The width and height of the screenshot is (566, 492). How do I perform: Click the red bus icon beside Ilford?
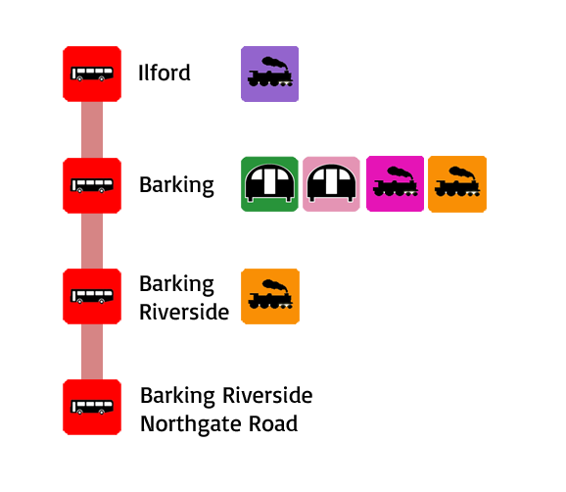coord(92,74)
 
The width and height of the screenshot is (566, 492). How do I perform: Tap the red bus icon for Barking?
coord(92,185)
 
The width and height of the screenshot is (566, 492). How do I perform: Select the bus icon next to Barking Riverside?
coord(92,296)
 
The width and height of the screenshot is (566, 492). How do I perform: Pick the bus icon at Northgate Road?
coord(92,407)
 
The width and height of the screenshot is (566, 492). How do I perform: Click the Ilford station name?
coord(165,73)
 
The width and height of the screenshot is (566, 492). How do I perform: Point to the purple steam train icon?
coord(269,74)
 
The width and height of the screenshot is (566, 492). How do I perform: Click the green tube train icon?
coord(269,184)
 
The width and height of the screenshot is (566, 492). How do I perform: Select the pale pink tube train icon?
coord(331,184)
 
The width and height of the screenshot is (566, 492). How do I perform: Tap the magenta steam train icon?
coord(395,183)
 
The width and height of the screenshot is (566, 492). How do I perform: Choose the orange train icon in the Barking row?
coord(457,184)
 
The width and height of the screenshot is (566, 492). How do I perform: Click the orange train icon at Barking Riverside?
coord(270,296)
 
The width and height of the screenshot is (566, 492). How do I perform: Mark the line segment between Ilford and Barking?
coord(92,129)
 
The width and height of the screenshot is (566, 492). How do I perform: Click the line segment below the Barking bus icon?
coord(92,241)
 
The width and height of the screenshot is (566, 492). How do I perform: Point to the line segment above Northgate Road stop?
coord(92,352)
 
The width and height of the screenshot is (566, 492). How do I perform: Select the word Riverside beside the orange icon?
coord(184,312)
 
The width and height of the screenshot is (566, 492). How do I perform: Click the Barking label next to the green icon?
coord(176,185)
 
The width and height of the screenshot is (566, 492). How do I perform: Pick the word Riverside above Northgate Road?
coord(267,395)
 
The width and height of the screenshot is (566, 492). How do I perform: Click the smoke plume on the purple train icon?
coord(275,64)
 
